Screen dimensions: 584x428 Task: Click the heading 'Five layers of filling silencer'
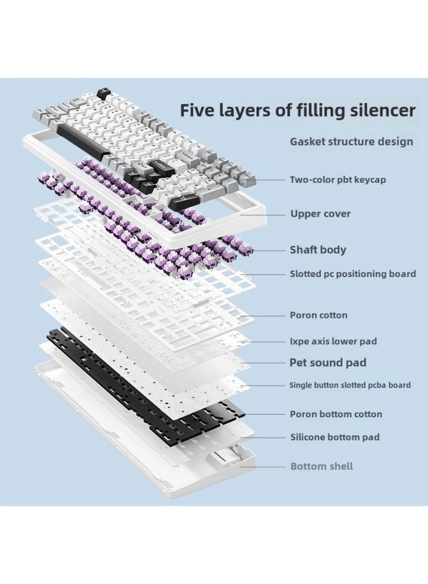click(298, 110)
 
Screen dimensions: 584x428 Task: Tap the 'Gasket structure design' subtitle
click(351, 141)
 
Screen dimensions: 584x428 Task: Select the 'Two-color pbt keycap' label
click(337, 180)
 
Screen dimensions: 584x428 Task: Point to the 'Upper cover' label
click(320, 213)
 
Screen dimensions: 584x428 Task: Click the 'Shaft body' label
click(318, 250)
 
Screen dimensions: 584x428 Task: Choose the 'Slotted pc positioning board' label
click(353, 274)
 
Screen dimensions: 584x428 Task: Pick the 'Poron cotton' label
click(318, 315)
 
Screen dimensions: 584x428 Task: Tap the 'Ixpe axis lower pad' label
click(333, 341)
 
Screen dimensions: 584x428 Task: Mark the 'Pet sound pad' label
click(327, 363)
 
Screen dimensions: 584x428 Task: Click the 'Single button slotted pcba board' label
click(350, 385)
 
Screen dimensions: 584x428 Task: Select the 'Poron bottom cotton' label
click(335, 414)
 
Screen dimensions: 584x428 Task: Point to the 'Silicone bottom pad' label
click(335, 437)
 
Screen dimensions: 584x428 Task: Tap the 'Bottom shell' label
click(322, 467)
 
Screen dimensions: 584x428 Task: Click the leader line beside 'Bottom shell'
click(263, 467)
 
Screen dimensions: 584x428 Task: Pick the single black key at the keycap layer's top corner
click(102, 93)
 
